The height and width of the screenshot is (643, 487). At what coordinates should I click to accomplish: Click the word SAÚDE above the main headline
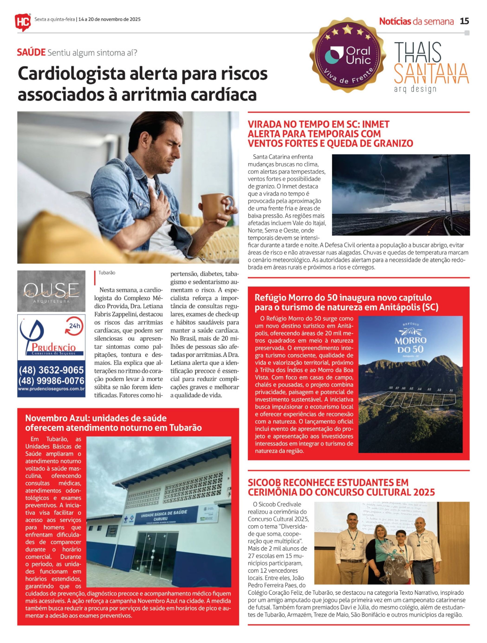click(31, 53)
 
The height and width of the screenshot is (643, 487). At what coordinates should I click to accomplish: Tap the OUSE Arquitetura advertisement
click(51, 291)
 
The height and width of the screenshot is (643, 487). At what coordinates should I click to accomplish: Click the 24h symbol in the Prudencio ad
click(75, 326)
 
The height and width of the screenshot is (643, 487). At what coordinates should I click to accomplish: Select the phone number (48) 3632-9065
click(51, 370)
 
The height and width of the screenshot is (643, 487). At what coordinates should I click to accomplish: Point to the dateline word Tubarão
click(107, 273)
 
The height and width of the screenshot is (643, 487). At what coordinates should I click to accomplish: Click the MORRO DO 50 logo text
click(410, 344)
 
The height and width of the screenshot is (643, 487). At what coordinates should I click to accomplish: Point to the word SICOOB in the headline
click(264, 483)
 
